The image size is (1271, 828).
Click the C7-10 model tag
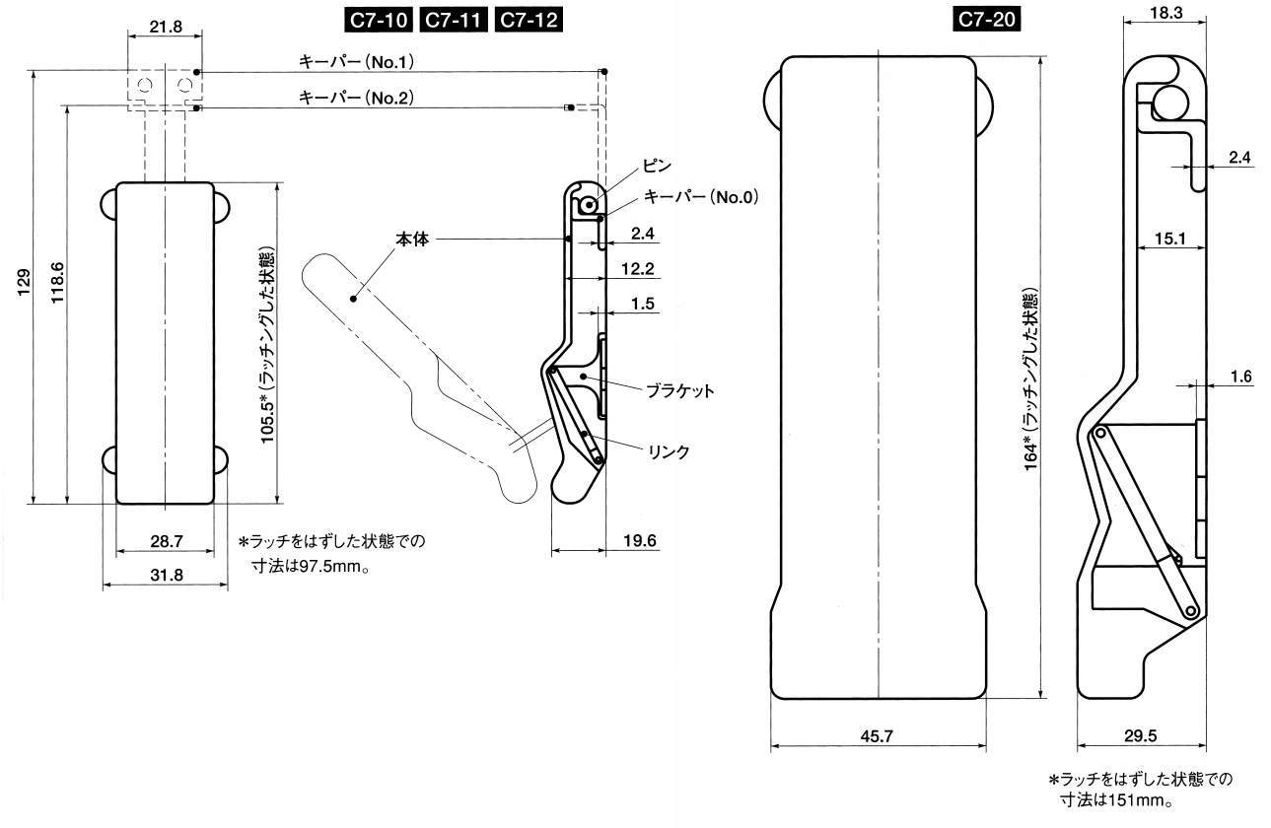click(x=379, y=21)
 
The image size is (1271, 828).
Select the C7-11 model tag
click(x=454, y=21)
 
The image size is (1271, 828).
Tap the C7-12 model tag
click(x=529, y=21)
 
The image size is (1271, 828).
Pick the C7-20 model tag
click(x=986, y=20)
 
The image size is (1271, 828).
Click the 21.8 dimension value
click(x=165, y=26)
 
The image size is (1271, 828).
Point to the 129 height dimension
click(x=25, y=282)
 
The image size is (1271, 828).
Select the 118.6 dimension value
click(x=58, y=282)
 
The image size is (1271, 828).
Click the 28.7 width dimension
click(x=167, y=541)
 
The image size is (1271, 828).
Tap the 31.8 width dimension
click(x=167, y=575)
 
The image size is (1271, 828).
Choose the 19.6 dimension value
click(x=640, y=540)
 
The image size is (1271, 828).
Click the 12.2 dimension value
click(x=638, y=268)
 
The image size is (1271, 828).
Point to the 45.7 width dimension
click(x=877, y=736)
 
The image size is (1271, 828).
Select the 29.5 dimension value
click(x=1140, y=735)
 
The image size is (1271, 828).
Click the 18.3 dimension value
click(x=1166, y=13)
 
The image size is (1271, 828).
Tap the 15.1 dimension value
click(x=1170, y=239)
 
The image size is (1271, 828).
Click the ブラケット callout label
click(x=680, y=390)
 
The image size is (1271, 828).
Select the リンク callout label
click(x=669, y=452)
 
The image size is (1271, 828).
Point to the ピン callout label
click(x=657, y=167)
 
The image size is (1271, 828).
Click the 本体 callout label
click(x=412, y=240)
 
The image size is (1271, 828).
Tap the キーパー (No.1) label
click(x=356, y=62)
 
